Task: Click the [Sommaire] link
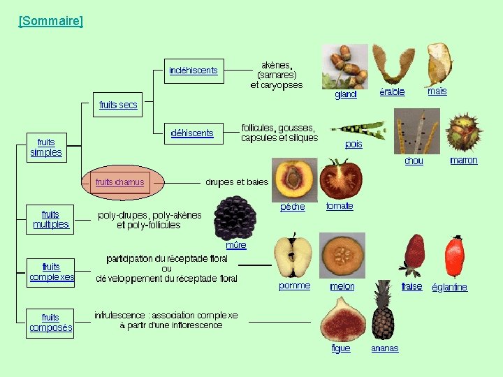(x=51, y=21)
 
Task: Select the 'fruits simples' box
(x=46, y=147)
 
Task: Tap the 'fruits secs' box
(x=118, y=105)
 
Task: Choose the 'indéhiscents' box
(x=194, y=71)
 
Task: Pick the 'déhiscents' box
(x=192, y=133)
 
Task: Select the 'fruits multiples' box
(x=51, y=219)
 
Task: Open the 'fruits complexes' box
(x=52, y=272)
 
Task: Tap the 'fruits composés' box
(x=51, y=323)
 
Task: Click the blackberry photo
(x=235, y=217)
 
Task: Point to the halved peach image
(x=296, y=179)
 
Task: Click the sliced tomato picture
(x=340, y=178)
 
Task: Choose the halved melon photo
(x=342, y=255)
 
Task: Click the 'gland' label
(x=346, y=95)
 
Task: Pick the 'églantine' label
(x=449, y=287)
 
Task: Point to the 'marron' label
(x=464, y=160)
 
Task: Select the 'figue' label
(x=341, y=348)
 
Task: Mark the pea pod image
(x=357, y=128)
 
